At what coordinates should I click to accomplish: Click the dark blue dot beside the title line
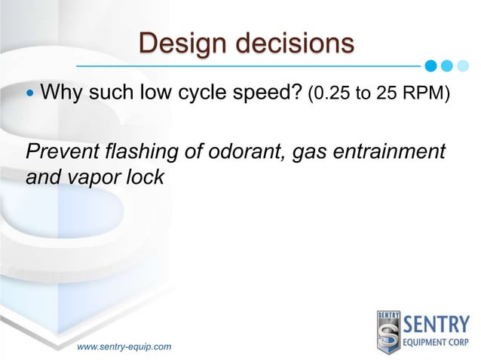pos(431,65)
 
